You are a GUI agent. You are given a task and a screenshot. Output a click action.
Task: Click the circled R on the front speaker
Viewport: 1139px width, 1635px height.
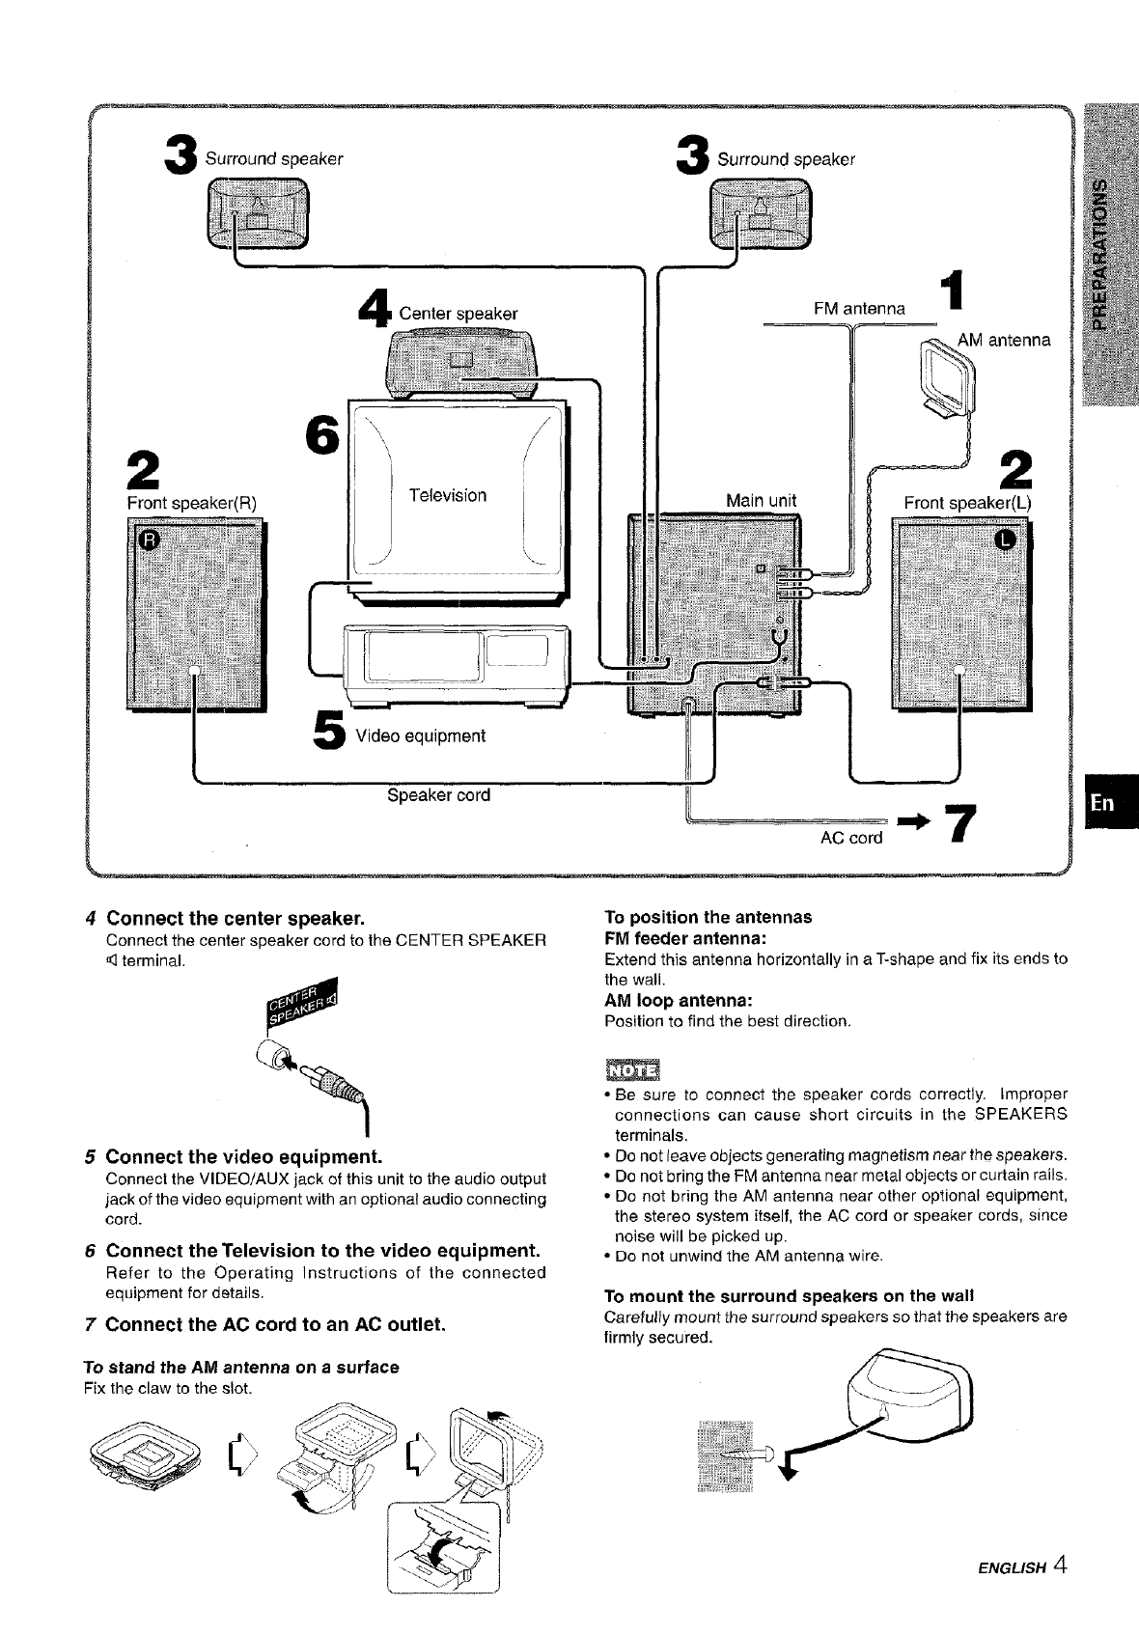(147, 540)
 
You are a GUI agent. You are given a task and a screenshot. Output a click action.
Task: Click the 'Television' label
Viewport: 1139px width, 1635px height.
(447, 496)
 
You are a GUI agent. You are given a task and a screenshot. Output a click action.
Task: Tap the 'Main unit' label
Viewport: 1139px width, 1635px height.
(761, 500)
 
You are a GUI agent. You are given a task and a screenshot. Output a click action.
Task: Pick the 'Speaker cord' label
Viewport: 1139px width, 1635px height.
(438, 795)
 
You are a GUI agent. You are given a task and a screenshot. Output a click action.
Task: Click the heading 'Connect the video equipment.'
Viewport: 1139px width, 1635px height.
(244, 1156)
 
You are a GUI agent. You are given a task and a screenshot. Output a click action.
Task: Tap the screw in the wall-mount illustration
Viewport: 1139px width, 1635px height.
(747, 1452)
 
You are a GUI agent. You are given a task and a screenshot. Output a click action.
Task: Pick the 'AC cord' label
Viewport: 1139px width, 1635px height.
(850, 838)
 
